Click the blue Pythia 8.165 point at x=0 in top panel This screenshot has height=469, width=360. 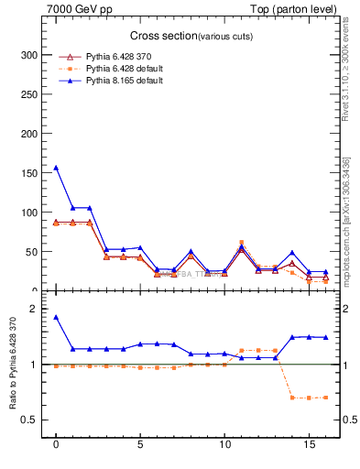(56, 168)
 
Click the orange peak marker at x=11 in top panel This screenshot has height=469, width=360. (242, 243)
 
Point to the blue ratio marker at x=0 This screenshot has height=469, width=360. (56, 317)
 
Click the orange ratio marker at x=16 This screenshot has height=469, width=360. (325, 397)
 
